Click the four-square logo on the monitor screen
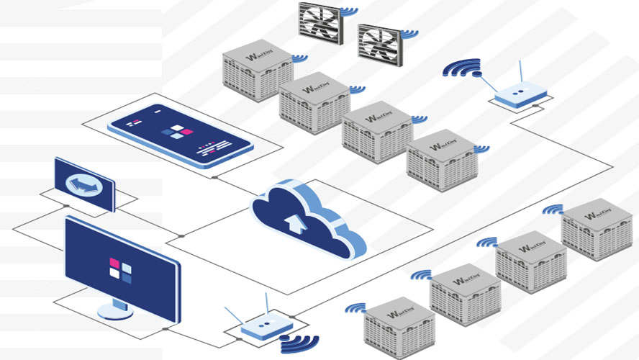click(120, 268)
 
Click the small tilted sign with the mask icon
click(85, 184)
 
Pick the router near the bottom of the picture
click(261, 330)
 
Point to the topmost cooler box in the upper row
click(257, 71)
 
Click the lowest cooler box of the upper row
click(441, 160)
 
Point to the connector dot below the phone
click(214, 176)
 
